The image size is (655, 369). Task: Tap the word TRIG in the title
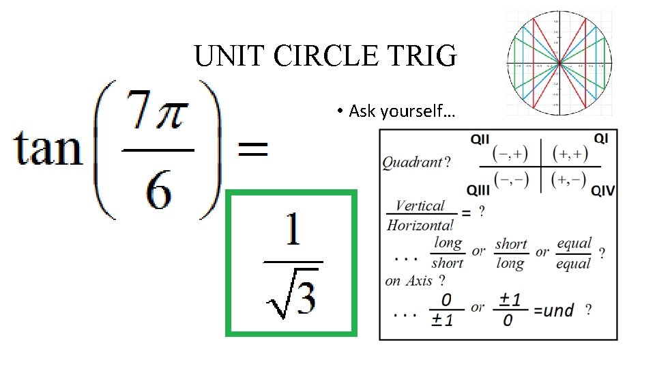point(425,57)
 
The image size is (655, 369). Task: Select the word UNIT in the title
point(229,57)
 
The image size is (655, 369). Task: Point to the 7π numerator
point(158,118)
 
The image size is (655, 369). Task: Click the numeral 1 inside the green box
point(292,232)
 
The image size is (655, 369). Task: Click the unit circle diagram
point(559,63)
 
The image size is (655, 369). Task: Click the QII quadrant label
point(480,139)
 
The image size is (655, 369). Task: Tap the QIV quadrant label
point(602,190)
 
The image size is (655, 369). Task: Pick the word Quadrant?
point(416,163)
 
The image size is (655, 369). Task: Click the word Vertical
point(420,206)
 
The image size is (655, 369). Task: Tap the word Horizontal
point(420,224)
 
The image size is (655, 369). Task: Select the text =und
point(553,311)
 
